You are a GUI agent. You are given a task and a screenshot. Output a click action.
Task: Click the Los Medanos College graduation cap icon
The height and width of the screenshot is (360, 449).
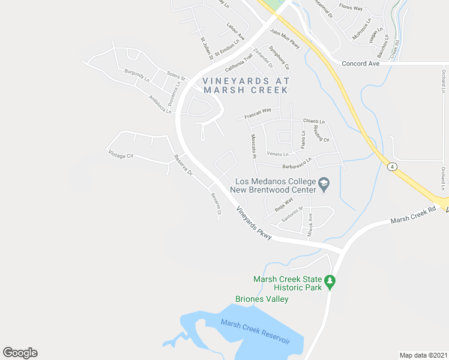coord(324,184)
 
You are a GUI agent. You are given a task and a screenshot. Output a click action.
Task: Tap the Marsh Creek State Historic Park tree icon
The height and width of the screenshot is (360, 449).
coord(329,281)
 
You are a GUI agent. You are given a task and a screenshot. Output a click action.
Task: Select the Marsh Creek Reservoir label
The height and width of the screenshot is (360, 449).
coord(255,332)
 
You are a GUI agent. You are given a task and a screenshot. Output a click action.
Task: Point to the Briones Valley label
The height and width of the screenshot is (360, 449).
coord(262,299)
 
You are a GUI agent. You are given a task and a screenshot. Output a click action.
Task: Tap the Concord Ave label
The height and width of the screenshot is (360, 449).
coord(360,63)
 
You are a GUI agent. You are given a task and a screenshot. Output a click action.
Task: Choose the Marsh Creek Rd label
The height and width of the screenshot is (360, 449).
coord(413,216)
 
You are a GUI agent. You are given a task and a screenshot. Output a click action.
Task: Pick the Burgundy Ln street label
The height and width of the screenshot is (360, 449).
coord(137,75)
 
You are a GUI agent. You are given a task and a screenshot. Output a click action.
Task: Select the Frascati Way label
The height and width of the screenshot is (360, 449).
coord(258,113)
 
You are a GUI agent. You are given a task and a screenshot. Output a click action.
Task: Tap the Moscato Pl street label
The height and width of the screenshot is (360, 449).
coord(254,146)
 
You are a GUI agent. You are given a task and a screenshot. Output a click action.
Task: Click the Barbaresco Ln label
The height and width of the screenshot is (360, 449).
coord(294,164)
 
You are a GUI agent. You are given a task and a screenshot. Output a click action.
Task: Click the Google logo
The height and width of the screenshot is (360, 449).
coord(20,353)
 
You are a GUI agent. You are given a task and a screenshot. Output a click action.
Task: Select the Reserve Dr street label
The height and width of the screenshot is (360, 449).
coord(183,165)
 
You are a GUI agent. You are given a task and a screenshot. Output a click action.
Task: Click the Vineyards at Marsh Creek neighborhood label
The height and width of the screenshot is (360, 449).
coord(246,85)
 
